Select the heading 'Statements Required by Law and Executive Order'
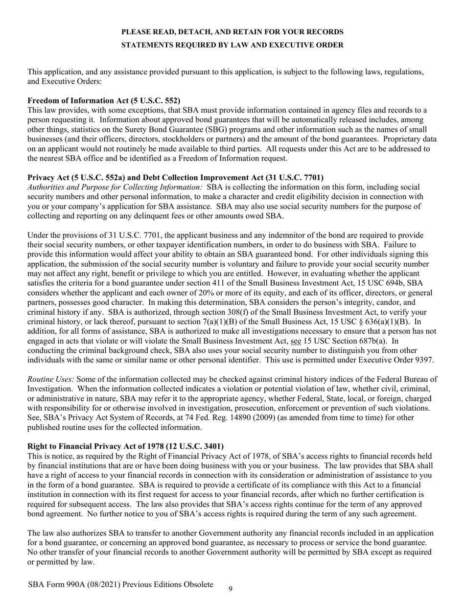pos(232,45)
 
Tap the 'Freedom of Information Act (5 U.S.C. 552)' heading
pos(104,100)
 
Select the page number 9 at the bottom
pos(231,589)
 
